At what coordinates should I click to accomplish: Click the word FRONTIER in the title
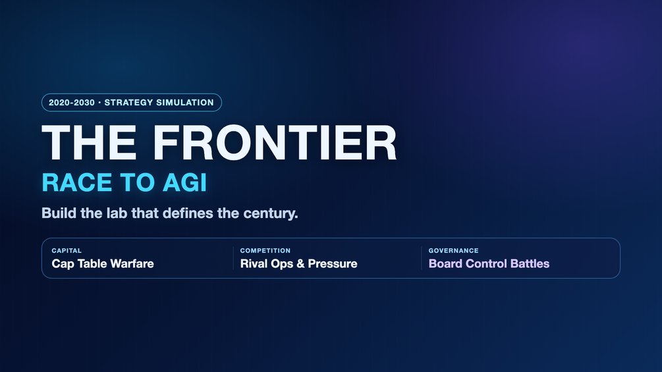tap(275, 143)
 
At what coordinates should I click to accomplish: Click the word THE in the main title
tap(89, 143)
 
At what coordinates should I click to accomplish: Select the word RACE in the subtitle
tap(78, 182)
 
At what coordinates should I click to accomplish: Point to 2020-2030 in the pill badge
tap(72, 103)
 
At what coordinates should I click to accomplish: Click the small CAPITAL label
tap(67, 251)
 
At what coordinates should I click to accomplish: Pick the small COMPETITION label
tap(265, 251)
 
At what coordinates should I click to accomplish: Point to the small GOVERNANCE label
tap(453, 251)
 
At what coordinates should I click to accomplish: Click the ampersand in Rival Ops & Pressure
tap(300, 263)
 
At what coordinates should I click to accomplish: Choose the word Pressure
tap(333, 263)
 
